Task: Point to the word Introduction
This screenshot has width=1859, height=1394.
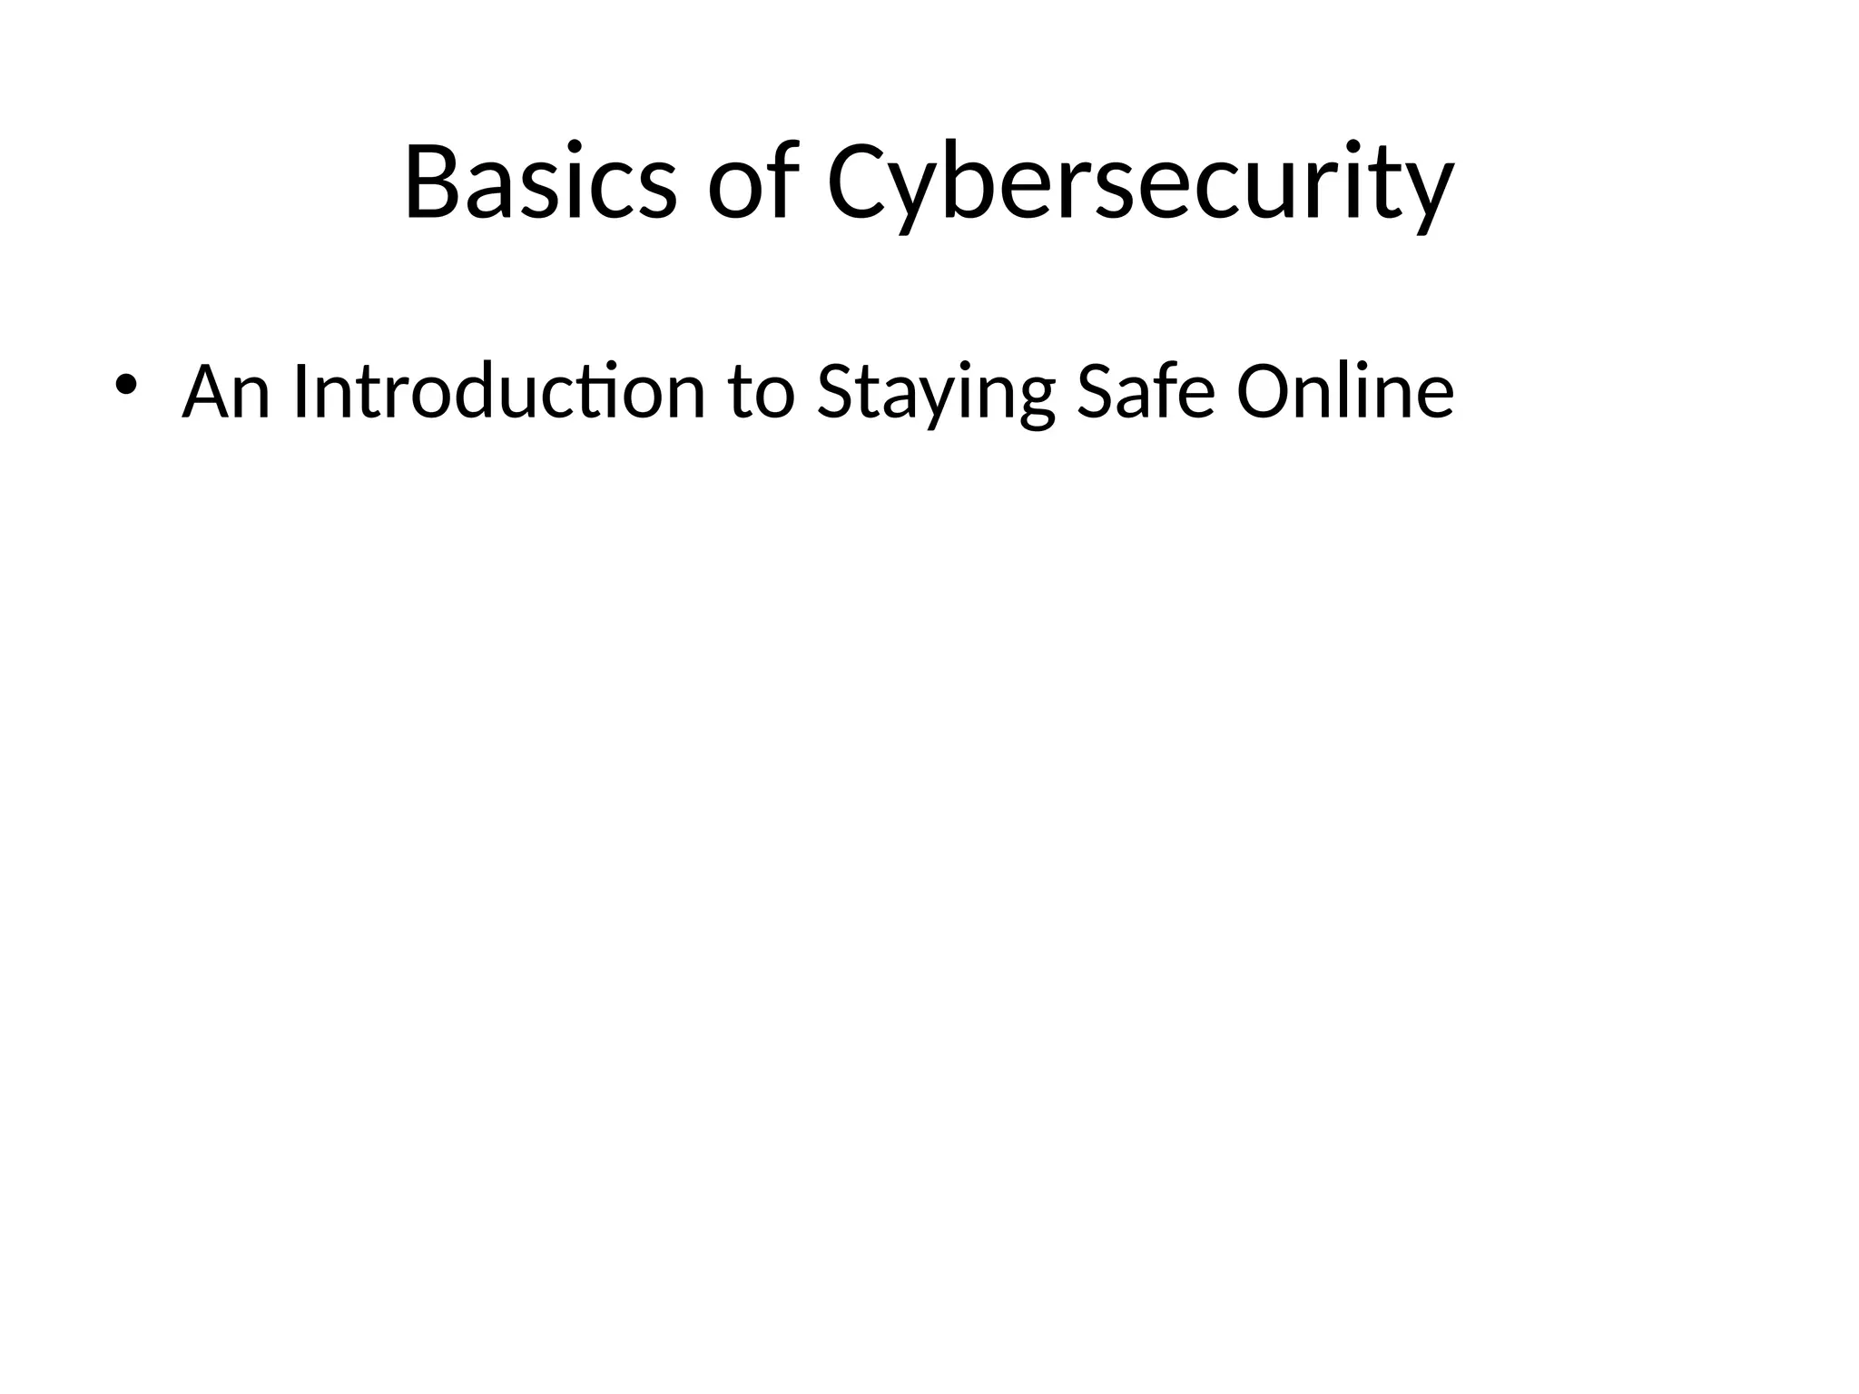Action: click(x=499, y=392)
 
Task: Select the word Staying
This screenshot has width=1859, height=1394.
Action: click(x=936, y=396)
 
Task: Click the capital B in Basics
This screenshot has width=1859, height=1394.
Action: click(x=433, y=182)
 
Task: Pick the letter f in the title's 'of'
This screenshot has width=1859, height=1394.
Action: click(x=783, y=179)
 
